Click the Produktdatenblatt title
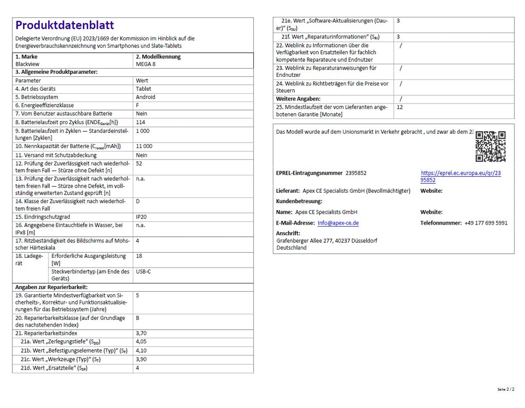tap(65, 25)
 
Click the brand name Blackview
tap(28, 65)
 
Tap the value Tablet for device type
tap(144, 89)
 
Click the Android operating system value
tap(146, 97)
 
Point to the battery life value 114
tap(140, 123)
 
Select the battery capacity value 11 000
tap(144, 146)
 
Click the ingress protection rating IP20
tap(142, 217)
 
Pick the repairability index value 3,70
tap(141, 333)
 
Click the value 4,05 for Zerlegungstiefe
tap(141, 341)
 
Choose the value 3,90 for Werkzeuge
tap(141, 359)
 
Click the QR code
tap(490, 146)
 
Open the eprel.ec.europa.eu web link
tap(460, 176)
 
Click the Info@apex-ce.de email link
tap(338, 223)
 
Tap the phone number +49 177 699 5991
tap(486, 223)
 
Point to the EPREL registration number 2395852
tap(356, 173)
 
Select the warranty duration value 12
tap(400, 107)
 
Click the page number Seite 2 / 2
tap(506, 390)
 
